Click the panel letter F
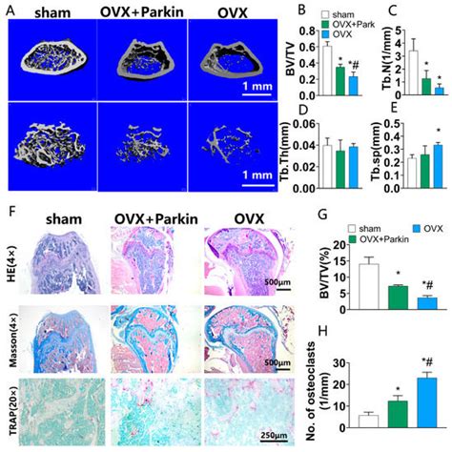pos(10,204)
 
